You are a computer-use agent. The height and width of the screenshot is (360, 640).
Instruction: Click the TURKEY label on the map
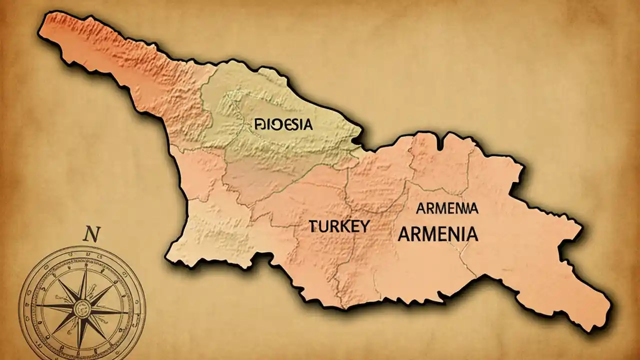click(x=339, y=226)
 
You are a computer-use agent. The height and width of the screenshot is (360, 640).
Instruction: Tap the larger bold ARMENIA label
click(x=437, y=234)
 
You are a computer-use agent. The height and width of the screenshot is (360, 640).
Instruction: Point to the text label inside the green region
click(x=283, y=124)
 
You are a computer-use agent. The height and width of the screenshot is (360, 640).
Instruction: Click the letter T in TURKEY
click(x=312, y=226)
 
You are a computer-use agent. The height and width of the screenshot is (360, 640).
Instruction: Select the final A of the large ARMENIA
click(x=471, y=234)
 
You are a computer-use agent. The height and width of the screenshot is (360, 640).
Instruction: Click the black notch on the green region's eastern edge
click(x=357, y=142)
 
